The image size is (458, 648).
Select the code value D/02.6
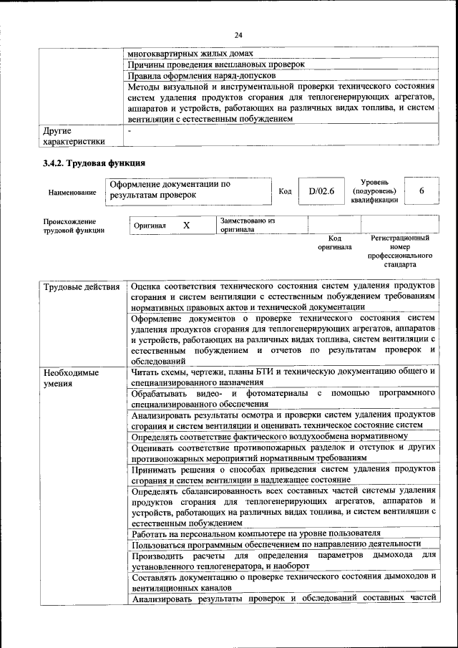(321, 191)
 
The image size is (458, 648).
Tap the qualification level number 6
(422, 191)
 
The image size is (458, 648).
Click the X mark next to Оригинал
(186, 226)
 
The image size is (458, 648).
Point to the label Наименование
(72, 193)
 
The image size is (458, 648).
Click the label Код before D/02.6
(285, 192)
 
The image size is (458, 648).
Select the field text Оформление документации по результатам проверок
(170, 190)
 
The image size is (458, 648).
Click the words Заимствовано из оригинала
(248, 226)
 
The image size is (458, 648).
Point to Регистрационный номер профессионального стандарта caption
(400, 251)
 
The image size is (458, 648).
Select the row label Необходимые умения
(71, 378)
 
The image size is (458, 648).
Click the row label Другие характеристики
(73, 136)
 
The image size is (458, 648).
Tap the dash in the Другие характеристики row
(130, 131)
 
